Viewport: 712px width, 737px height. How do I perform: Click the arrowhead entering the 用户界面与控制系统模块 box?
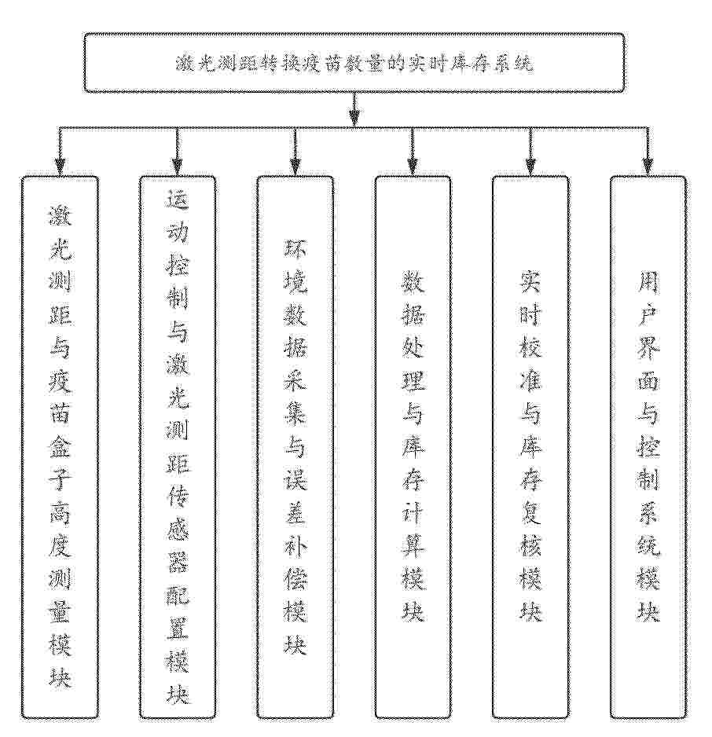648,167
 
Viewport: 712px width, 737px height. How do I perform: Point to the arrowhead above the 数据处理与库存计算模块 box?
412,167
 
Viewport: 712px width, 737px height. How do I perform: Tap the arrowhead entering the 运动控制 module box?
177,167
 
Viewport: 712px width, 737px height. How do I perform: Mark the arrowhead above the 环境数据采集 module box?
295,167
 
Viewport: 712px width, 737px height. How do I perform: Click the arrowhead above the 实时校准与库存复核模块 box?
530,167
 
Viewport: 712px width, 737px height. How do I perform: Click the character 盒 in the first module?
61,446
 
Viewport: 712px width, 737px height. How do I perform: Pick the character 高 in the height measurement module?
61,512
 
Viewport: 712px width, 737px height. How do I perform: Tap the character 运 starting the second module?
178,200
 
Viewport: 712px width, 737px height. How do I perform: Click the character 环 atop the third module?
295,249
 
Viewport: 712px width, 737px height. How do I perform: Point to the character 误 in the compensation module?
295,479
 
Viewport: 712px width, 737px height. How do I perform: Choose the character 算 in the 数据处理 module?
413,545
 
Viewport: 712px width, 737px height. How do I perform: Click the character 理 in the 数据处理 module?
413,381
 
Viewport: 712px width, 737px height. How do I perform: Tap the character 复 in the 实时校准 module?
530,512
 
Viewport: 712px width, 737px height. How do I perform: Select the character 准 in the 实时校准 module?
530,381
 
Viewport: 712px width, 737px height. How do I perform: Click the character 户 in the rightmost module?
648,315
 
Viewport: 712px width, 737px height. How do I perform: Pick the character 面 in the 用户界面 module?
648,381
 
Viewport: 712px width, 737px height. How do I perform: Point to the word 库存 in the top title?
464,64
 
